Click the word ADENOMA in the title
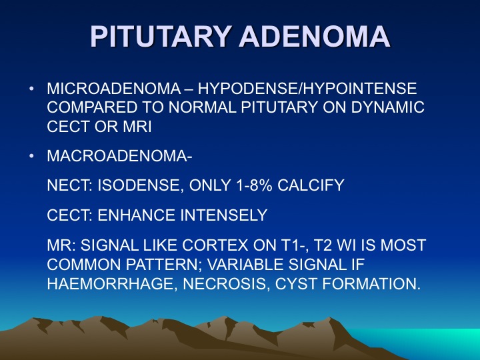(x=315, y=36)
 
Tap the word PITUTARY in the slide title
(x=161, y=36)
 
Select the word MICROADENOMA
(x=114, y=89)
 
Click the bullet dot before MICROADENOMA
(x=31, y=89)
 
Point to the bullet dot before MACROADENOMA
(x=31, y=156)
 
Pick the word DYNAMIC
(x=388, y=107)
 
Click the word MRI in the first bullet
(x=137, y=127)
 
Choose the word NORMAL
(x=203, y=107)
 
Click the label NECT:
(x=70, y=185)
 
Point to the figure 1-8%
(x=254, y=185)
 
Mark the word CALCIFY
(x=311, y=185)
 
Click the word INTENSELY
(x=224, y=215)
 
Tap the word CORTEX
(x=215, y=245)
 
